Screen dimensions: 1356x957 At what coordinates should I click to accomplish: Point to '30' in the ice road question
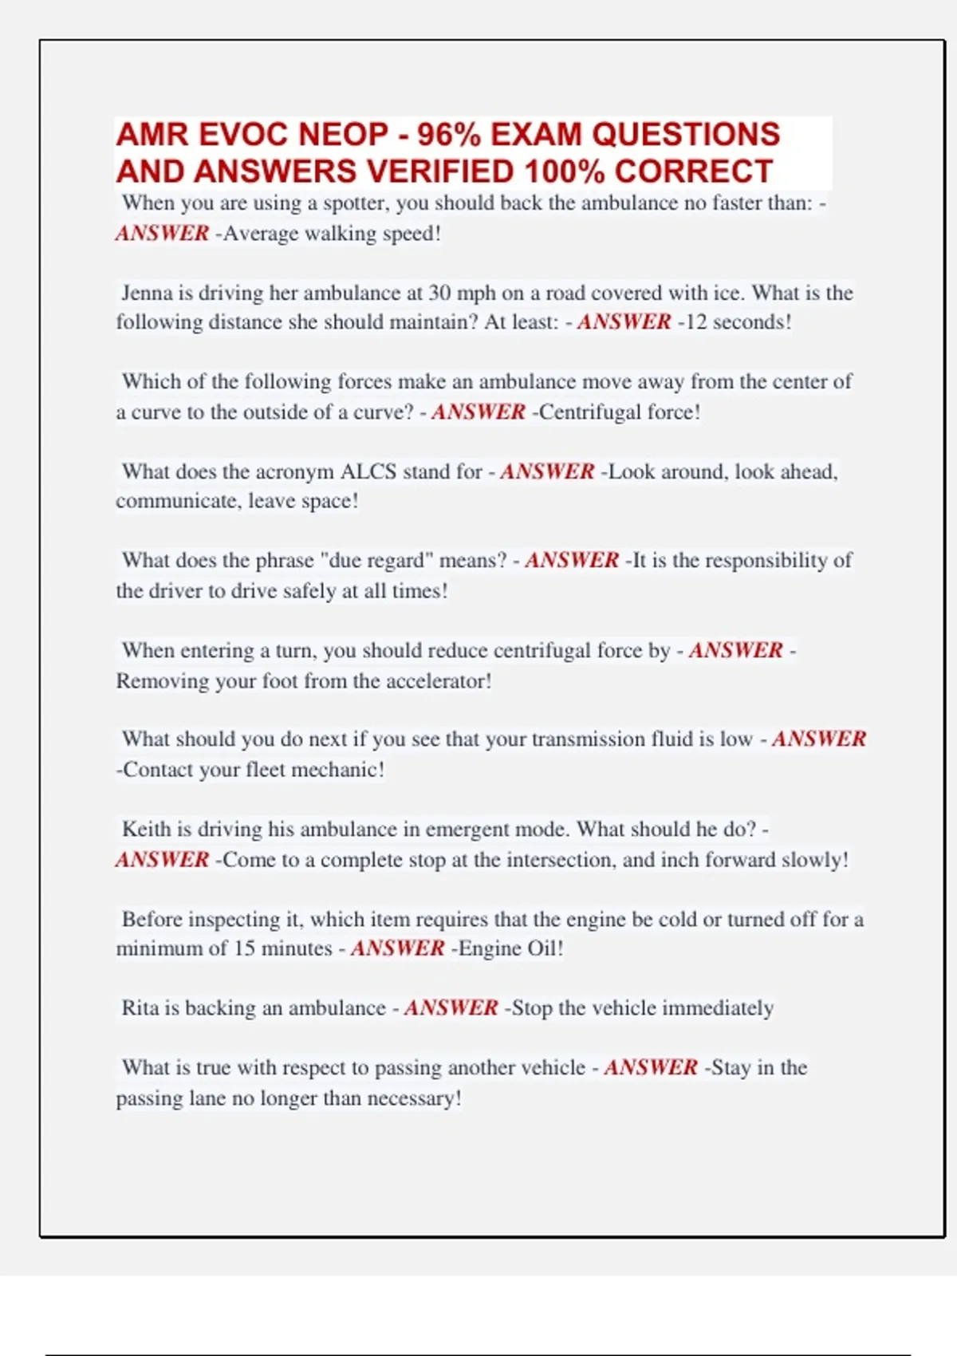pos(439,293)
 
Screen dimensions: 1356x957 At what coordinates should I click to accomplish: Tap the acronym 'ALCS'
pos(368,471)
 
